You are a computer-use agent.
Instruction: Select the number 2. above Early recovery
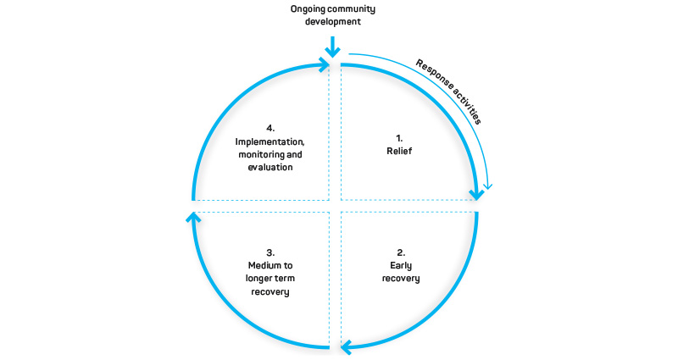pyautogui.click(x=401, y=252)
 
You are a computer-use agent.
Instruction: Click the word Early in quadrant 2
pyautogui.click(x=401, y=265)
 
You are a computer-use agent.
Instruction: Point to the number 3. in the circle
pyautogui.click(x=270, y=252)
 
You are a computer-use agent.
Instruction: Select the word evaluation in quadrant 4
pyautogui.click(x=270, y=168)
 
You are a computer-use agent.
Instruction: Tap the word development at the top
pyautogui.click(x=334, y=23)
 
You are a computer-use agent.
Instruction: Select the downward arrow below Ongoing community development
pyautogui.click(x=334, y=44)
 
